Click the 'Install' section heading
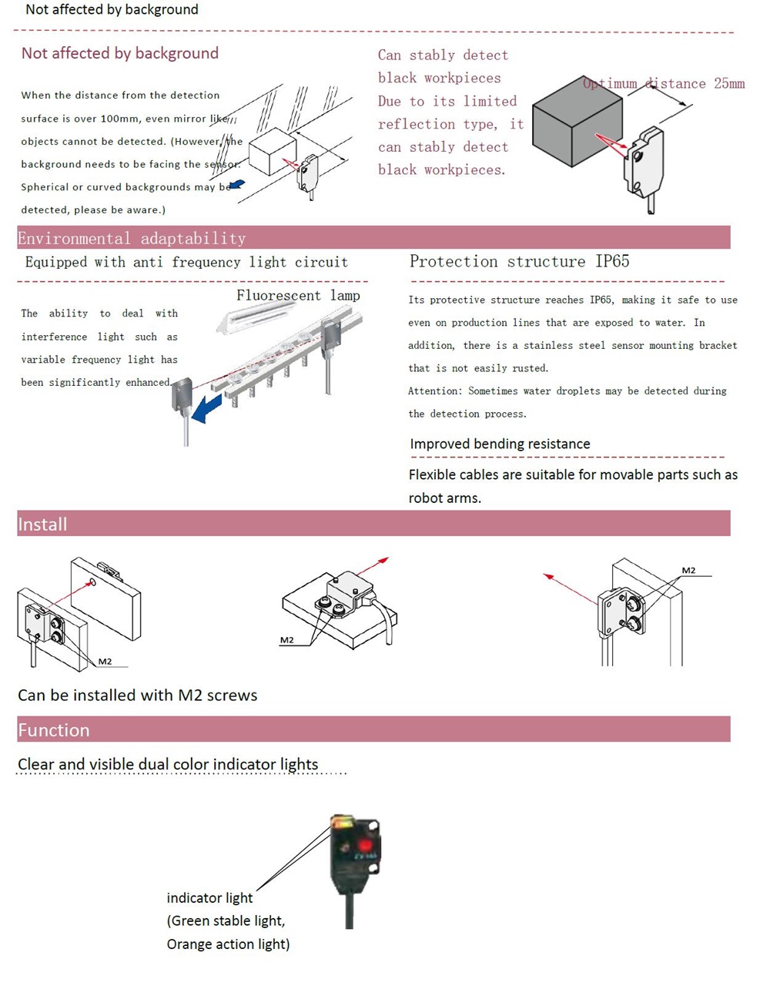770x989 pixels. [42, 525]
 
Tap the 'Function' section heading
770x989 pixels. [53, 730]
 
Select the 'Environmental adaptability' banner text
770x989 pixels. [132, 238]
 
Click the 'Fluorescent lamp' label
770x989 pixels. [298, 296]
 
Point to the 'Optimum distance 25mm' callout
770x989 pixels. [664, 83]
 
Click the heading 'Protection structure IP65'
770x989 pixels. [519, 261]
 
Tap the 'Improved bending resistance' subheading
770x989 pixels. [500, 444]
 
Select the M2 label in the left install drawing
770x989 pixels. [105, 662]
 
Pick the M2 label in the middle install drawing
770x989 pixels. [286, 640]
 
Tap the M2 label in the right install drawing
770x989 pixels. [688, 571]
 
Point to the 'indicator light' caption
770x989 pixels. [209, 898]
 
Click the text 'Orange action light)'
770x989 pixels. [228, 944]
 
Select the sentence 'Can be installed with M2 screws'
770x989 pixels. [138, 695]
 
